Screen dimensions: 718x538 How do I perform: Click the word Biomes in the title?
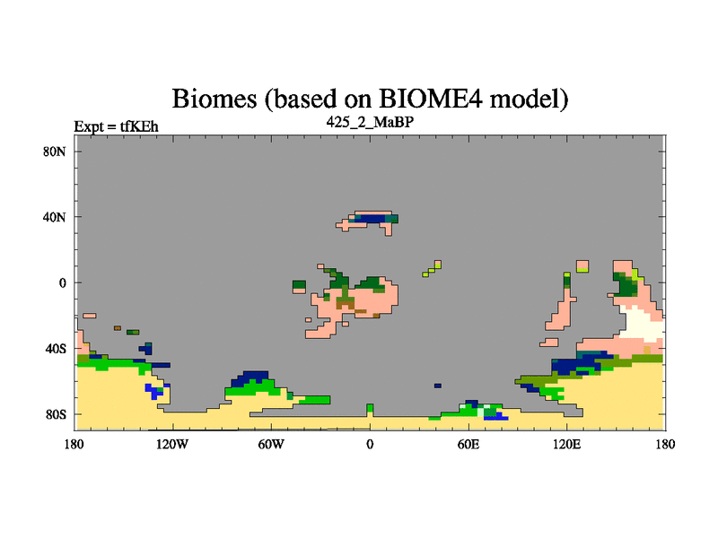click(214, 99)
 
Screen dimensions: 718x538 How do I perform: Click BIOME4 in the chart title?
click(431, 99)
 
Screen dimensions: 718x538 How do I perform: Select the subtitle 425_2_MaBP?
click(370, 122)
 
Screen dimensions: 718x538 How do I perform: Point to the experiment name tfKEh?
click(139, 126)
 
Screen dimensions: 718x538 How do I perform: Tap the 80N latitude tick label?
click(55, 152)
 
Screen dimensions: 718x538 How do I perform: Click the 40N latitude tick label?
click(55, 217)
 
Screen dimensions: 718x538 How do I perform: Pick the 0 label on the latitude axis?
click(62, 282)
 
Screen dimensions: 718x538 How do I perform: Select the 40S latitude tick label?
click(56, 349)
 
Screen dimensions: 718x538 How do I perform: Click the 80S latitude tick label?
click(56, 414)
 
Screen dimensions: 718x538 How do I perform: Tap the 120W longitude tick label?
click(172, 444)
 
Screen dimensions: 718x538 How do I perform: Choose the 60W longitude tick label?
click(271, 444)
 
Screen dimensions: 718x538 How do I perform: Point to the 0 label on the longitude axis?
click(370, 444)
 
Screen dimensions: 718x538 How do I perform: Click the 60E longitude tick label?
click(468, 444)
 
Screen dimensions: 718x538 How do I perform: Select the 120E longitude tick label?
click(567, 444)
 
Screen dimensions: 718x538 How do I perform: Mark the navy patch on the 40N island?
click(370, 219)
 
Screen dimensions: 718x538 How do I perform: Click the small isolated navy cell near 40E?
click(438, 386)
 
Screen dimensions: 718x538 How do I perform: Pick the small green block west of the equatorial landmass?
click(299, 284)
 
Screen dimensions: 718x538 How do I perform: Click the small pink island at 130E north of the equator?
click(582, 266)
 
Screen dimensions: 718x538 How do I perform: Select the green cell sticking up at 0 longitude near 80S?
click(370, 408)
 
